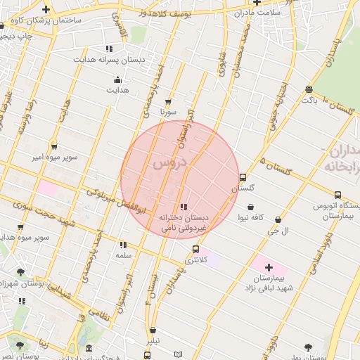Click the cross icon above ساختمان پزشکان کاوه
click(46, 10)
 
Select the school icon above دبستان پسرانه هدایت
click(108, 49)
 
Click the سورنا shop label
click(167, 112)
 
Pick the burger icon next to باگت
click(309, 89)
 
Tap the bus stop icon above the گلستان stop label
click(243, 177)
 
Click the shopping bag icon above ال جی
click(279, 219)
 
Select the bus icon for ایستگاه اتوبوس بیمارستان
click(338, 195)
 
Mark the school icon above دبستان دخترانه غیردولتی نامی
click(184, 207)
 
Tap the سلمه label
click(124, 255)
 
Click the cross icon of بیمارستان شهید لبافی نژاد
click(268, 267)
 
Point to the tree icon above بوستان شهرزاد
click(21, 271)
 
